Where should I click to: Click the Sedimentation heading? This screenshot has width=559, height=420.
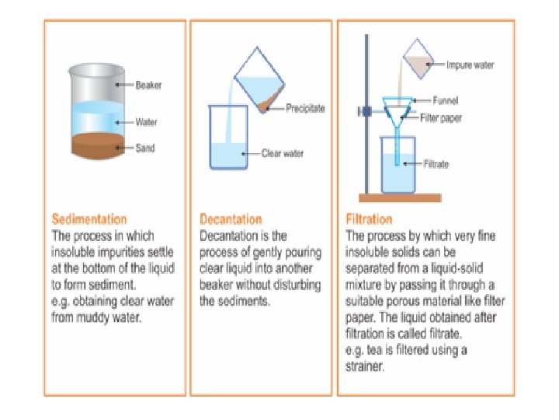coord(89,219)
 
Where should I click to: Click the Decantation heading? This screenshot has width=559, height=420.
coord(231,219)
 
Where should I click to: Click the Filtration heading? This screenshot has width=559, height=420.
coord(369,219)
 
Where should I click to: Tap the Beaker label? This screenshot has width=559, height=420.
coord(148,85)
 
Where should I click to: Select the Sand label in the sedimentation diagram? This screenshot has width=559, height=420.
coord(145,147)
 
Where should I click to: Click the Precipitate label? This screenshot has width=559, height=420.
coord(304,108)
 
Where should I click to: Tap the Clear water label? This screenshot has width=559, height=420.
coord(283,153)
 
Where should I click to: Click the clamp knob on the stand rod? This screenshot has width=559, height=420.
coord(362,111)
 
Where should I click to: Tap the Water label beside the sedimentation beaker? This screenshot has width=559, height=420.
coord(146,122)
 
